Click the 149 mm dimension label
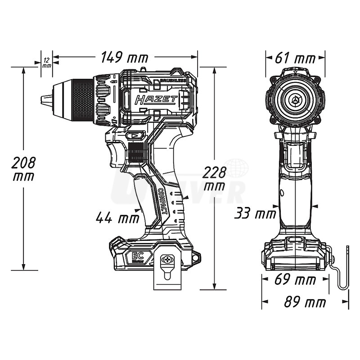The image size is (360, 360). click(124, 58)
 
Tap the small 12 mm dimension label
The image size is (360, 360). click(46, 62)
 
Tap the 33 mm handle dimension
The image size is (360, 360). click(255, 213)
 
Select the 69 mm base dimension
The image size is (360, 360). click(296, 280)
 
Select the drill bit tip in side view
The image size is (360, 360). click(44, 100)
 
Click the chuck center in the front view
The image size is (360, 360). click(295, 99)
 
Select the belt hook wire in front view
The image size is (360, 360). click(344, 270)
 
